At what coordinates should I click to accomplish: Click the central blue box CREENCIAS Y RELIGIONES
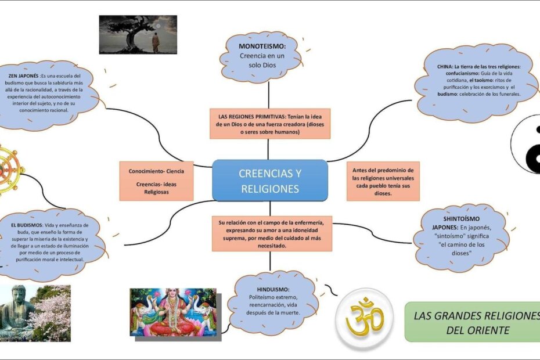coord(270,180)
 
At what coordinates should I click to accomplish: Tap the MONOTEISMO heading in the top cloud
coord(262,46)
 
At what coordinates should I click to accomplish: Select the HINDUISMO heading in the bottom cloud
coord(273,289)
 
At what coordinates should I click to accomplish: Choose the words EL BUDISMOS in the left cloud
coord(27,225)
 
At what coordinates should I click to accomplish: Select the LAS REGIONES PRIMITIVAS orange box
coord(270,124)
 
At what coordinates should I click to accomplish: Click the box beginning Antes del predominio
coord(383,181)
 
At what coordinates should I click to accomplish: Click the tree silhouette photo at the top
coord(138,34)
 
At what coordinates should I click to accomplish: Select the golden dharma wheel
coord(8,170)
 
